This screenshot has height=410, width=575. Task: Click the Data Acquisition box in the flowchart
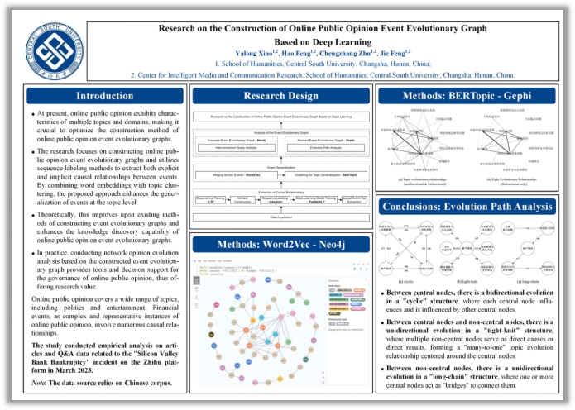point(280,217)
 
